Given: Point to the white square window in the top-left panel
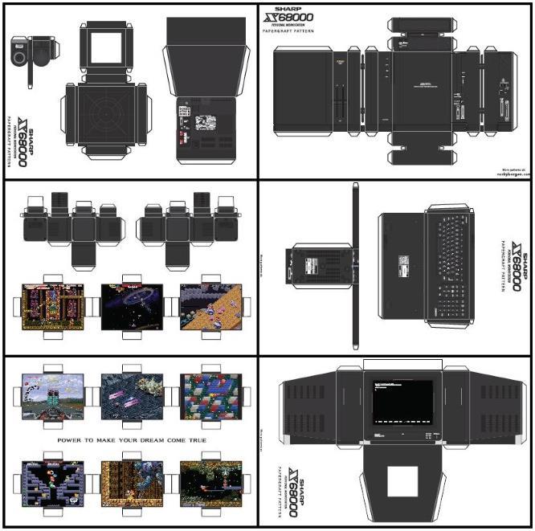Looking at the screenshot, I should click(x=105, y=47).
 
